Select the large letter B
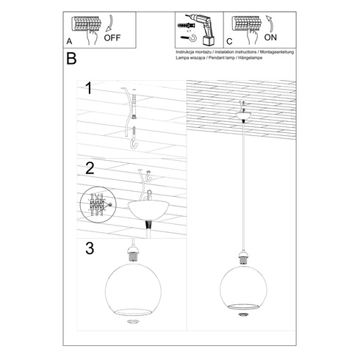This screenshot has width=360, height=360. pos(71,60)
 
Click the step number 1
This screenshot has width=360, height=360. pos(88,90)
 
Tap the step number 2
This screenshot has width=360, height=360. pos(90,168)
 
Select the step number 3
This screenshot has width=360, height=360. pos(90,248)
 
